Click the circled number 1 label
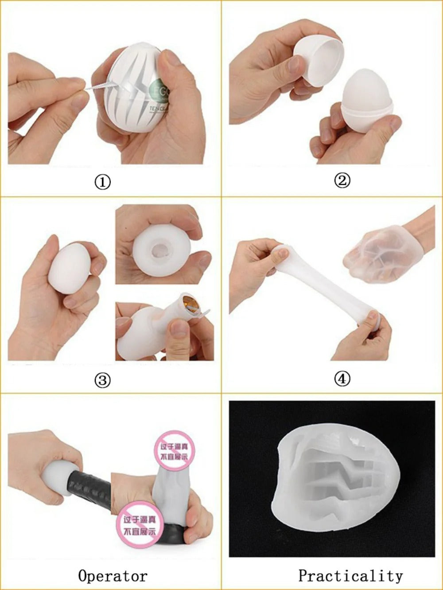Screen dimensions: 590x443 click(103, 182)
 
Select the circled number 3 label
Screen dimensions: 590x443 click(103, 380)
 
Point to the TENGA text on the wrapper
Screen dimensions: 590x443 click(155, 109)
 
